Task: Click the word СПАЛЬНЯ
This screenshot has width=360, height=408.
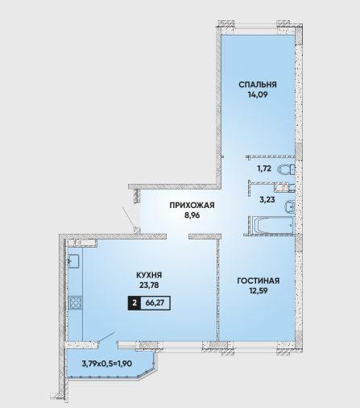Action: (258, 85)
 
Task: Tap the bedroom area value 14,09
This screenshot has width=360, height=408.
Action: (256, 95)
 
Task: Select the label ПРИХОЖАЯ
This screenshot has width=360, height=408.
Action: (192, 206)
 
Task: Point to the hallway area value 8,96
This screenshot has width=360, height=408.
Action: (192, 215)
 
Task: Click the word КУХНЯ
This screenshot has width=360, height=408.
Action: (149, 275)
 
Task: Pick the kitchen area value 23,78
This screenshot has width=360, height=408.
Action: (149, 285)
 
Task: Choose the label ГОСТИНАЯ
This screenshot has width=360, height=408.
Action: (259, 281)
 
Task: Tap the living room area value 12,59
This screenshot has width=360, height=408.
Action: (258, 291)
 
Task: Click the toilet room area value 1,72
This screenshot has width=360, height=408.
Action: (264, 169)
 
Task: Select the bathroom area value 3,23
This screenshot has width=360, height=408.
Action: (267, 200)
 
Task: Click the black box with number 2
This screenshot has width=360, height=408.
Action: (134, 303)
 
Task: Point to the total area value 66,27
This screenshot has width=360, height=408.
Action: (155, 303)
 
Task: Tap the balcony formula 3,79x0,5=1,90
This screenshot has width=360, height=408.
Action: (106, 364)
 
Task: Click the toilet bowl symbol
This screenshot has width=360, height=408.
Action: (287, 169)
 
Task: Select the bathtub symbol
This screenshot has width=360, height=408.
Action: (272, 225)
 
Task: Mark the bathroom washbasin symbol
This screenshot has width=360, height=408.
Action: (290, 206)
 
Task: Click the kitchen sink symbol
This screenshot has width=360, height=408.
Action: (73, 261)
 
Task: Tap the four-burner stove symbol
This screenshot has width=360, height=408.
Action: (76, 302)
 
